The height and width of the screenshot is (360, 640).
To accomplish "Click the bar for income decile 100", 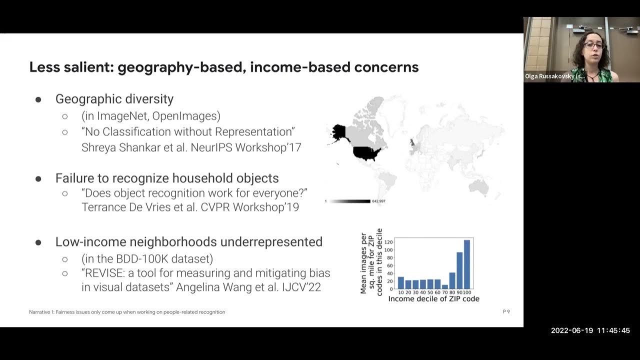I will [467, 264].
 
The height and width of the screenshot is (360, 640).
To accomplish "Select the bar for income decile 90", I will [459, 270].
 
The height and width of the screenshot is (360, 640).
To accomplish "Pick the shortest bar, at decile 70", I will [445, 287].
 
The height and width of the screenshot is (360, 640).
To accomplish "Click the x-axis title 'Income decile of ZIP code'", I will [433, 299].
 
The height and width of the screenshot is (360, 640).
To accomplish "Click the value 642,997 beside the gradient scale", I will [378, 201].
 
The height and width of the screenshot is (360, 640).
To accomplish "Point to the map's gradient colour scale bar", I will [349, 201].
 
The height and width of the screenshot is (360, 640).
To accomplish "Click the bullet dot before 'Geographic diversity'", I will [38, 99].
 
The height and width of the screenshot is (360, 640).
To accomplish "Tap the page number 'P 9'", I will [506, 312].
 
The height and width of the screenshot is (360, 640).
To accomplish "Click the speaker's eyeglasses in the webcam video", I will [593, 46].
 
